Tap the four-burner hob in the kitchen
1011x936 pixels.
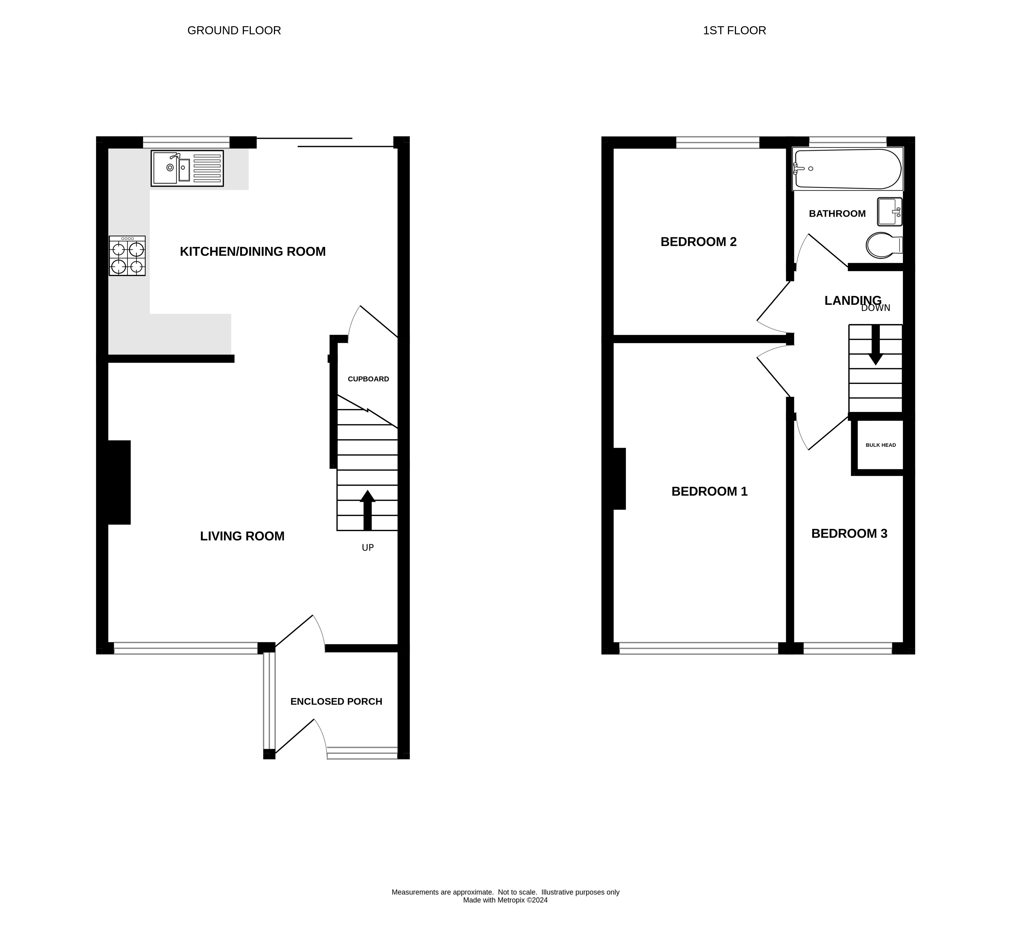pyautogui.click(x=127, y=256)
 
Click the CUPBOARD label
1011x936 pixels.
pyautogui.click(x=368, y=379)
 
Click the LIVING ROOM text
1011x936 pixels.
pyautogui.click(x=242, y=536)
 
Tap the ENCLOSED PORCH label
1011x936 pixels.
pyautogui.click(x=336, y=701)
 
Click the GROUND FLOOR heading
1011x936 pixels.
pyautogui.click(x=234, y=30)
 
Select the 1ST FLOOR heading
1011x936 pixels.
pyautogui.click(x=734, y=30)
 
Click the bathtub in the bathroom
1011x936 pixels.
pyautogui.click(x=847, y=169)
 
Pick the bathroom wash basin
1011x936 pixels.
pyautogui.click(x=889, y=212)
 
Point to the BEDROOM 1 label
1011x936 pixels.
pyautogui.click(x=709, y=491)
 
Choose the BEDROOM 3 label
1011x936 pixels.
pyautogui.click(x=849, y=533)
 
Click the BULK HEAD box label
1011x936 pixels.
pyautogui.click(x=880, y=445)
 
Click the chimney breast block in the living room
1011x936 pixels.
pyautogui.click(x=119, y=482)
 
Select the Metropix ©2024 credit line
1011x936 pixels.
pyautogui.click(x=505, y=914)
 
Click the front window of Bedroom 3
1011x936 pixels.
pyautogui.click(x=847, y=648)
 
